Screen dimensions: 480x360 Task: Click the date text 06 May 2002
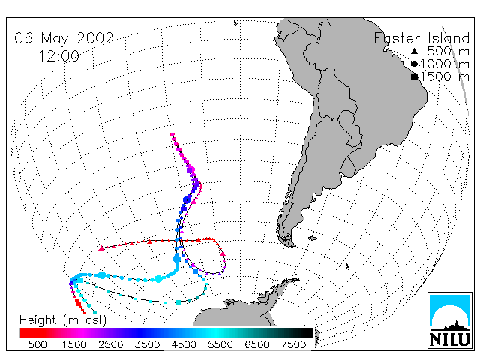tap(64, 38)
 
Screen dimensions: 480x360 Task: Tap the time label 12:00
tap(58, 56)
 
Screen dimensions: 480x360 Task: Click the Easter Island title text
tap(421, 38)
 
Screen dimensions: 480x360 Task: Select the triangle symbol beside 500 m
tap(414, 51)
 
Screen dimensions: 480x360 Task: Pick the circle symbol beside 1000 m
tap(414, 64)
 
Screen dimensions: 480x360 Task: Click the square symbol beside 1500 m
tap(415, 76)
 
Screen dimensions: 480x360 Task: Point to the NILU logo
tap(450, 320)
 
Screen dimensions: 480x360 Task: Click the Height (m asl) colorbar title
tap(63, 320)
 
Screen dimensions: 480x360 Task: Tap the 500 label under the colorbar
tap(37, 345)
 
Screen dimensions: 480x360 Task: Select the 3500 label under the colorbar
tap(147, 345)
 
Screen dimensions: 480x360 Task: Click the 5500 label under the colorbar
tap(220, 345)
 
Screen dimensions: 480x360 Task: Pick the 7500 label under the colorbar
tap(294, 345)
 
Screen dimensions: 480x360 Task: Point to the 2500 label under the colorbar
tap(111, 345)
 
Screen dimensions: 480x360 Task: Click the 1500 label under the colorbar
tap(74, 345)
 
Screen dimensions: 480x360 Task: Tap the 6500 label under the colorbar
tap(257, 345)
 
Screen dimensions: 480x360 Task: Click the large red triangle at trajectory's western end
tap(101, 248)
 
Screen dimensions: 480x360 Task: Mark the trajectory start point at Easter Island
tap(172, 134)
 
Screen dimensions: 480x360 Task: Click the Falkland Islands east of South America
tap(312, 238)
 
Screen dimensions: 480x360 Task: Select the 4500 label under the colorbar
tap(184, 345)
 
